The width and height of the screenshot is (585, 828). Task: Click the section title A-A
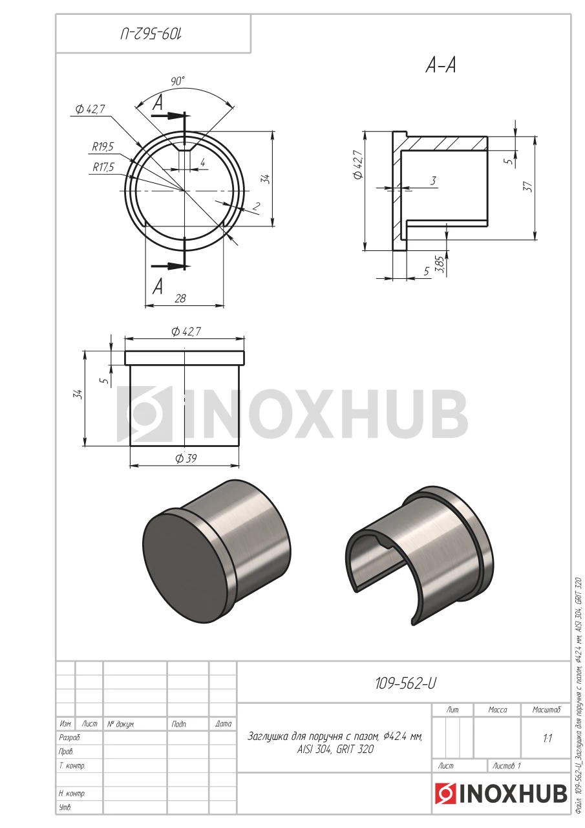[441, 66]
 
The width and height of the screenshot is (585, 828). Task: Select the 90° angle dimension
[178, 81]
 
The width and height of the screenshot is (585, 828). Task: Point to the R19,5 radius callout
[103, 147]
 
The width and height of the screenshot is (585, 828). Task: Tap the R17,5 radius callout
[103, 168]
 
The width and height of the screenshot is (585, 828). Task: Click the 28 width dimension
[180, 298]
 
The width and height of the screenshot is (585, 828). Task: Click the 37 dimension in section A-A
[529, 186]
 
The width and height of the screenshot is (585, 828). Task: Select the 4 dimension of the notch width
[203, 162]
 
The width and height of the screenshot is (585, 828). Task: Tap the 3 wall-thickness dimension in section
[434, 180]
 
